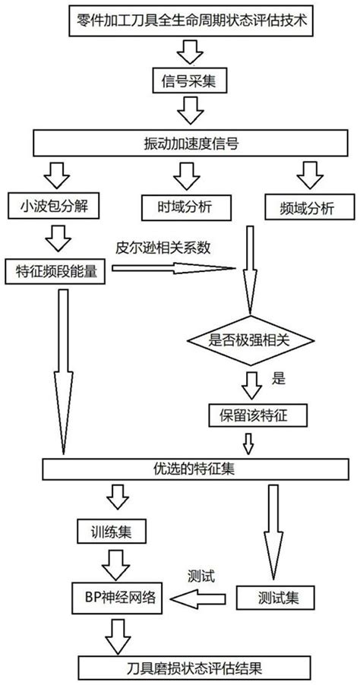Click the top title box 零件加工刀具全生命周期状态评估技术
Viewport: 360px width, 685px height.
pos(181,17)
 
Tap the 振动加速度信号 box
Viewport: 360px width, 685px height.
pos(181,143)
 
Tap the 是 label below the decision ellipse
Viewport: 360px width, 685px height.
pos(278,376)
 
